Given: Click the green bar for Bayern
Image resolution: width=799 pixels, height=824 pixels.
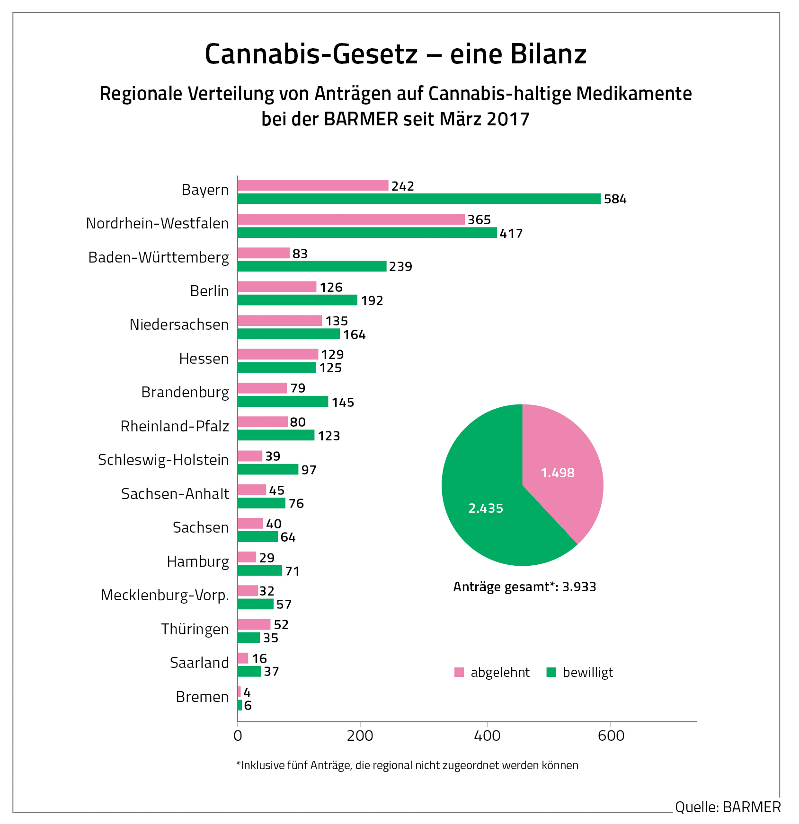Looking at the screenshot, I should (419, 199).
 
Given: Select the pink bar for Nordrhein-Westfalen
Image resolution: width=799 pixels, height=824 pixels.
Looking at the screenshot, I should (351, 219).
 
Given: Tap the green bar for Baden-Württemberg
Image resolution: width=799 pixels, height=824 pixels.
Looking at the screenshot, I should (312, 266).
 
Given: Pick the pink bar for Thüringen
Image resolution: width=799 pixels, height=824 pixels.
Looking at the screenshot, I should (254, 624).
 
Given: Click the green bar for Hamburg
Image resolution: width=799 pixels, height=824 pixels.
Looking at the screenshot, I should (260, 570).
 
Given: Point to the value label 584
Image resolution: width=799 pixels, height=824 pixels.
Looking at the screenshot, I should (615, 199).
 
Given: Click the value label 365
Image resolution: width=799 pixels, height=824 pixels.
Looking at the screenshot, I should (479, 220).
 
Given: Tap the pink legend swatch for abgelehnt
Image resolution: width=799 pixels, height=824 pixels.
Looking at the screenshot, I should (459, 672).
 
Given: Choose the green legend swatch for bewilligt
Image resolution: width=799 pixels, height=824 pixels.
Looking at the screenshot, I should (551, 672).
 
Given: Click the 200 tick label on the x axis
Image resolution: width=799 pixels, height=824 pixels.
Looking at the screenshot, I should (360, 736).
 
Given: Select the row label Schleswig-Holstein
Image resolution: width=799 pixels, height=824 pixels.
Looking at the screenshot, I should (163, 460).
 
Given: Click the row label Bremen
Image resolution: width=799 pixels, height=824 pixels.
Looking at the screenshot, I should (202, 697).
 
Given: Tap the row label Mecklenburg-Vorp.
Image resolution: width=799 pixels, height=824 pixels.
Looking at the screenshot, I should (165, 595).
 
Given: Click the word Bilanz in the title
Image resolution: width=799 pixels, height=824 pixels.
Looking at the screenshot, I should (518, 54).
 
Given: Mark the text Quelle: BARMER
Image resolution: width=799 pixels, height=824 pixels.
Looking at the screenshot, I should (728, 806).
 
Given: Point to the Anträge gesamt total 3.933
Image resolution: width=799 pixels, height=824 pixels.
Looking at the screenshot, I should (524, 587).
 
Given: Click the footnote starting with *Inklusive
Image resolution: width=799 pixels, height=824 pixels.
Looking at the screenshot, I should (407, 765).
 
